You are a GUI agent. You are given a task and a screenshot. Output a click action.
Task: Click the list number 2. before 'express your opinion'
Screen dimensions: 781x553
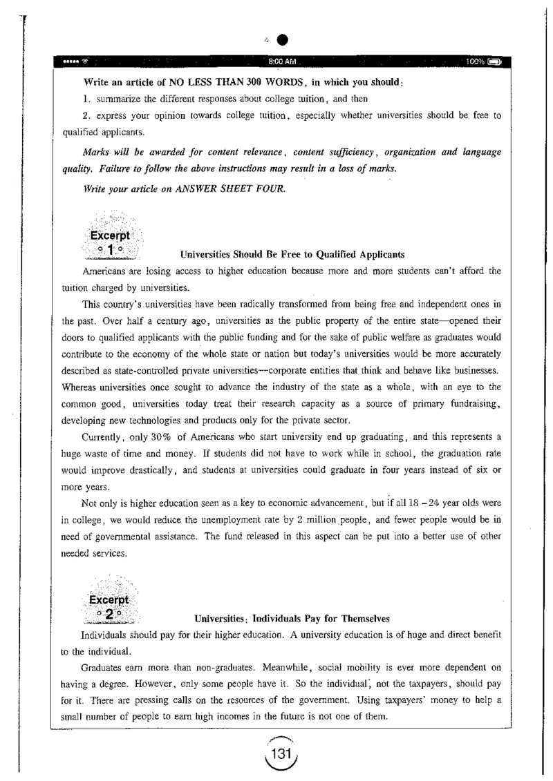click(x=86, y=115)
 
